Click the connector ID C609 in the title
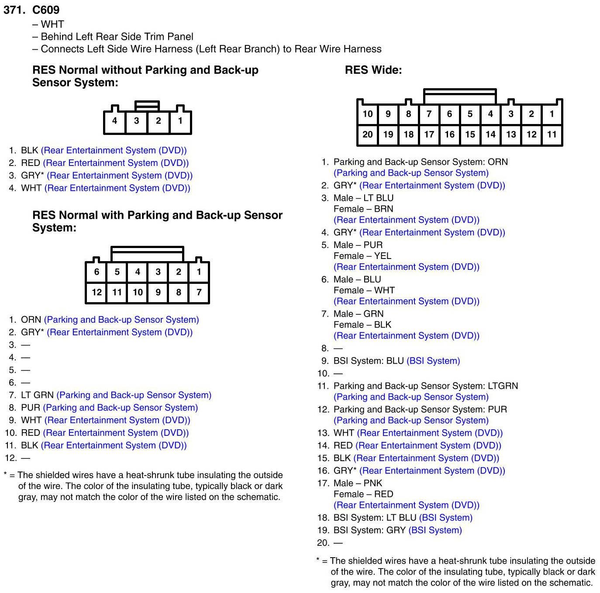[46, 10]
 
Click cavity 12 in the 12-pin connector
[97, 292]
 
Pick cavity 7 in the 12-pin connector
[199, 292]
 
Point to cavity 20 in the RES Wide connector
[368, 134]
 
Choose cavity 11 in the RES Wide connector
[552, 134]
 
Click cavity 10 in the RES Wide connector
[368, 114]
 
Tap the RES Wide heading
[373, 70]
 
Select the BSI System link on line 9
[433, 361]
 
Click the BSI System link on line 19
[435, 530]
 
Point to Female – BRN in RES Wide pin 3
[363, 209]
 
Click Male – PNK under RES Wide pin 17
[358, 483]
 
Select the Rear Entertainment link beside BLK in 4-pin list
[114, 150]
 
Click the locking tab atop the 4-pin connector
[147, 106]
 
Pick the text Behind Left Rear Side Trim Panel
[117, 37]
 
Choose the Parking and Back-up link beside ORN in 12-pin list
[121, 320]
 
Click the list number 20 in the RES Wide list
[323, 543]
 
